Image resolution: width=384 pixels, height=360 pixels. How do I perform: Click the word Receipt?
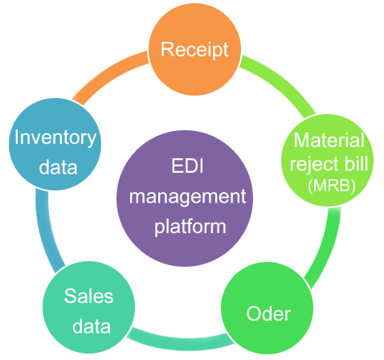click(x=194, y=50)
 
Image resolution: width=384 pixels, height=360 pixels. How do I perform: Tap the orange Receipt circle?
click(x=194, y=49)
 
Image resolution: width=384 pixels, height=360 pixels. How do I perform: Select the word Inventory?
click(x=55, y=137)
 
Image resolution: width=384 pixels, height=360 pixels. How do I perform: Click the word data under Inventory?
click(x=58, y=167)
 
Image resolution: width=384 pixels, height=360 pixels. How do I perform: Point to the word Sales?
click(x=88, y=296)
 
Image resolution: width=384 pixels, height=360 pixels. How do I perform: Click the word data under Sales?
click(x=92, y=326)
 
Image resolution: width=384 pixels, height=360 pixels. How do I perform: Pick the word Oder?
click(x=268, y=313)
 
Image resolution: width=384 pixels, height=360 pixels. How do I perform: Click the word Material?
click(x=329, y=140)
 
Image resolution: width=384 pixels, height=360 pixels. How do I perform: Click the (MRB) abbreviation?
click(x=332, y=186)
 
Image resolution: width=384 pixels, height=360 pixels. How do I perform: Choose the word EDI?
click(x=187, y=166)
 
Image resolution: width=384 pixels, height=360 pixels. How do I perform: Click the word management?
click(x=187, y=198)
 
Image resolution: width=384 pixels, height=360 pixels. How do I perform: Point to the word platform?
click(x=190, y=227)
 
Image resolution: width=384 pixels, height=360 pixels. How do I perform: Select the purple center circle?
click(x=185, y=198)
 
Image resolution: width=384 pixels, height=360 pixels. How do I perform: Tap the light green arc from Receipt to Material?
click(x=281, y=80)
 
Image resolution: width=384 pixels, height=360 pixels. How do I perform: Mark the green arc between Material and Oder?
click(x=328, y=247)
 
